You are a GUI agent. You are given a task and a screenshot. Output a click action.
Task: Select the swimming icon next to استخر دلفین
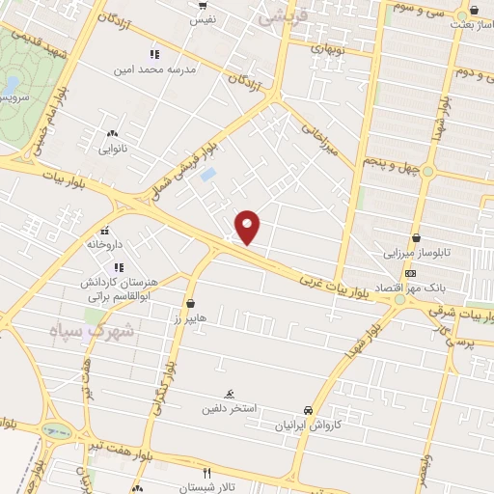[x=229, y=395]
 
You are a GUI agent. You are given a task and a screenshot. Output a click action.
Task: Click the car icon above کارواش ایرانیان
[x=308, y=410]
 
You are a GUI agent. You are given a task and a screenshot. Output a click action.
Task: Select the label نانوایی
[x=113, y=150]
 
